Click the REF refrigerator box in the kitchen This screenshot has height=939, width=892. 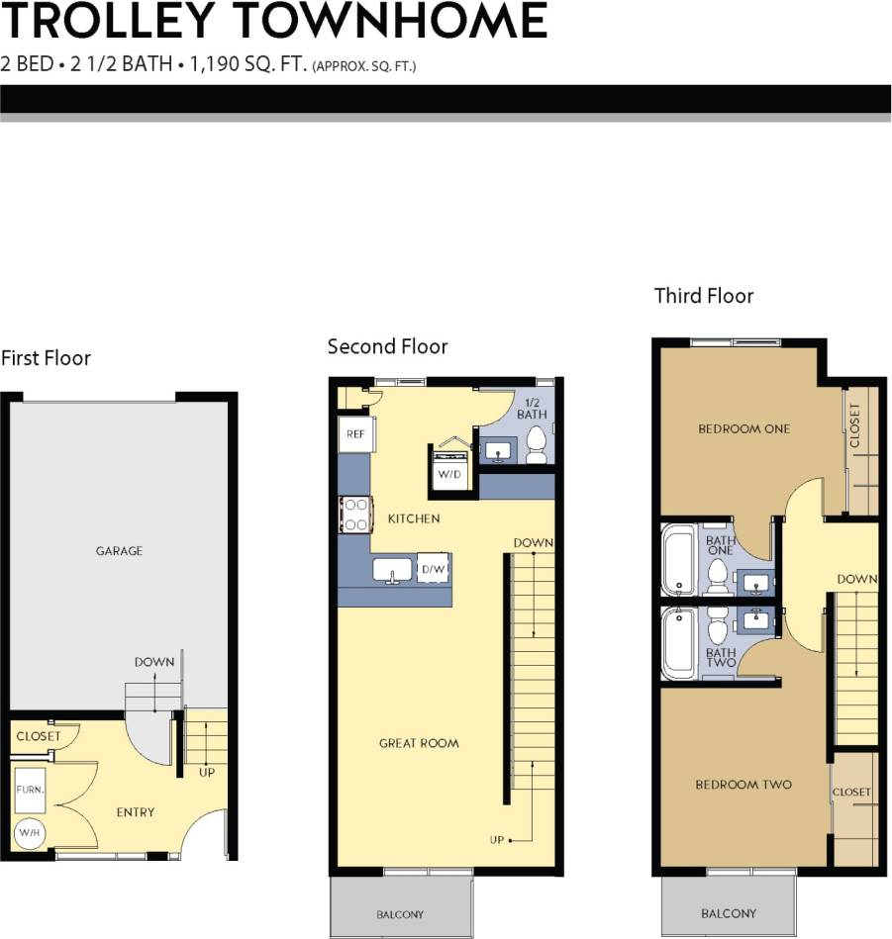pos(353,433)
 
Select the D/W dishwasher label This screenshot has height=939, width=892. pos(434,569)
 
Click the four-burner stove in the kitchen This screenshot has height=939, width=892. pos(354,514)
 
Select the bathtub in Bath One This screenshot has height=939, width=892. pos(679,562)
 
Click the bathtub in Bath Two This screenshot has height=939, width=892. pos(679,644)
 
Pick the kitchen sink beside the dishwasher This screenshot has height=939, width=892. pos(393,570)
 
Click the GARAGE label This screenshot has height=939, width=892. pos(119,551)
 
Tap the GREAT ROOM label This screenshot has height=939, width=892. pos(419,743)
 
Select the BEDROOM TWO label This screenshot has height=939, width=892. pos(743,785)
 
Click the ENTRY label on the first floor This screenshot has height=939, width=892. pos(136,812)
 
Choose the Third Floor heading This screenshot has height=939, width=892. pos(704,296)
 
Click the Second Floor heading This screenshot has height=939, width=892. pos(387,346)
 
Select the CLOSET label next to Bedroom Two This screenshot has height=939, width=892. pos(851,792)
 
